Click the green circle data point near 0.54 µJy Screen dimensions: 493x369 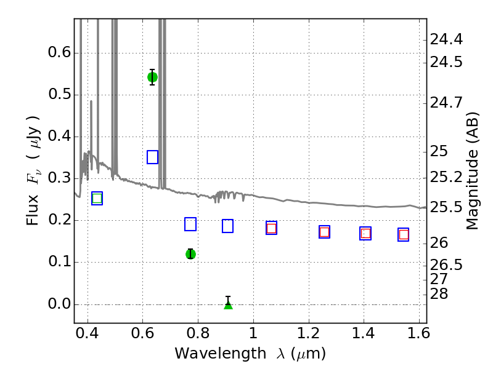(x=152, y=77)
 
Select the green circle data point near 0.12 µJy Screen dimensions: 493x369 (x=190, y=254)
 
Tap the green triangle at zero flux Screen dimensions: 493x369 (x=228, y=304)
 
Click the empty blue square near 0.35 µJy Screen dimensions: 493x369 (x=152, y=157)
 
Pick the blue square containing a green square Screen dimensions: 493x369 (x=97, y=198)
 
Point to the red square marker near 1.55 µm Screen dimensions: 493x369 (x=404, y=235)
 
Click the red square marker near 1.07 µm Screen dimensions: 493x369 (x=271, y=228)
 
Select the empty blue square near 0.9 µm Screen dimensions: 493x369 (x=227, y=226)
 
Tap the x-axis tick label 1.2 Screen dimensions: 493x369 (x=309, y=333)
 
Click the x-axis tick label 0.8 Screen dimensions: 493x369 (x=198, y=333)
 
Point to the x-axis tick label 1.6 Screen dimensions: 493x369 (x=418, y=333)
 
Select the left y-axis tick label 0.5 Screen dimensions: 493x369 (x=59, y=94)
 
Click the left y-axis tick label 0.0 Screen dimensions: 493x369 (x=59, y=304)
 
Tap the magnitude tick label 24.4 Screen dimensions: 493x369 (x=446, y=40)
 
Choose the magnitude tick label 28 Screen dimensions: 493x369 (x=439, y=294)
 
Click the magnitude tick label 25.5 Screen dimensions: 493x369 (x=446, y=207)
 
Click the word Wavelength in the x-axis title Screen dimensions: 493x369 (x=221, y=354)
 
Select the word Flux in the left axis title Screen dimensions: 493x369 (x=32, y=210)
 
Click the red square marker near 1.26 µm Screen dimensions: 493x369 (x=325, y=232)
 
